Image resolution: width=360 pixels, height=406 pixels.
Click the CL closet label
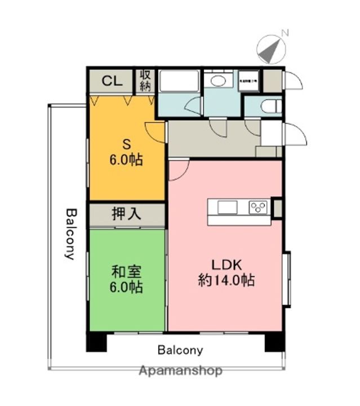[x=111, y=81]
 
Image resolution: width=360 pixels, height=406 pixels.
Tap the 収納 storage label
[x=145, y=80]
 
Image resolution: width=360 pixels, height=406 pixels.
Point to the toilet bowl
[x=271, y=105]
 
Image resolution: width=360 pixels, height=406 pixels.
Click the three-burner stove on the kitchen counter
[x=259, y=208]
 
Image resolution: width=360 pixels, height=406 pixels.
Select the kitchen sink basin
[x=228, y=208]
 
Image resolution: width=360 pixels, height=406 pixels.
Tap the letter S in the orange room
[x=126, y=143]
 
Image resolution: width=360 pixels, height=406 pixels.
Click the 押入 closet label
[x=126, y=214]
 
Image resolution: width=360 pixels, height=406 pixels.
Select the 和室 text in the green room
[x=126, y=271]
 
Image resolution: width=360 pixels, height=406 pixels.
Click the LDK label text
[x=226, y=264]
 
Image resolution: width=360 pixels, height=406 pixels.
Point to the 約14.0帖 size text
[x=226, y=280]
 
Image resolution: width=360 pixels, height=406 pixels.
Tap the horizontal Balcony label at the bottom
[x=180, y=350]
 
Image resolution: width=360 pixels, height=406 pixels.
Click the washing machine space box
[x=248, y=80]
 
